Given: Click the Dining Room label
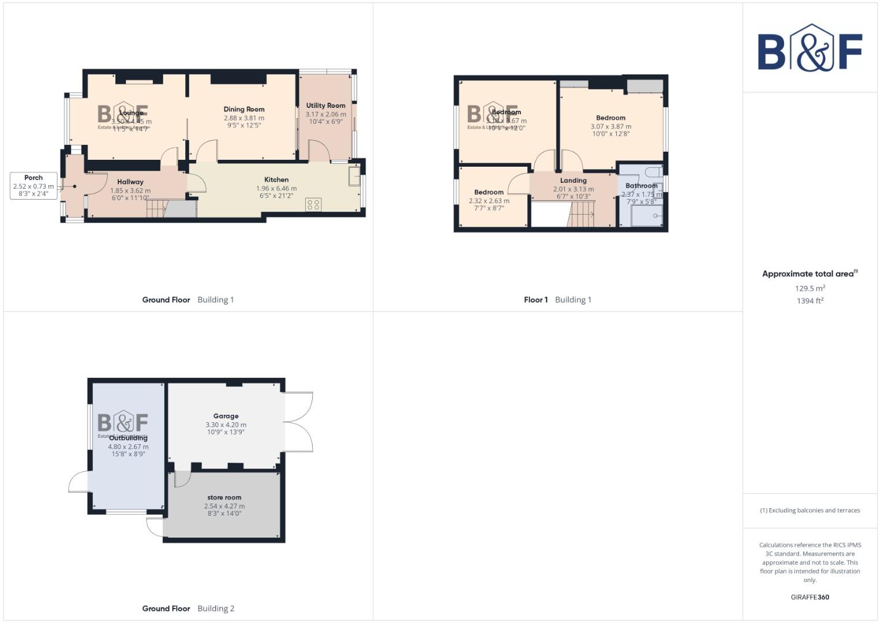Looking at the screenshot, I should [x=244, y=109].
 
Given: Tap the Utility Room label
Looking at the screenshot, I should [x=325, y=106].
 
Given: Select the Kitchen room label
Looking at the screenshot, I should [x=276, y=179].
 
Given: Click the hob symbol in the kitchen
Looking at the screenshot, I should [x=313, y=204].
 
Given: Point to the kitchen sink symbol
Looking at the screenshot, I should [x=354, y=176].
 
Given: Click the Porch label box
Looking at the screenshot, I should [x=33, y=186].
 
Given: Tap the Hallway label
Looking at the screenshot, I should [x=130, y=182].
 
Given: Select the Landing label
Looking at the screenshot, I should [x=573, y=181].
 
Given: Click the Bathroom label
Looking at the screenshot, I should [x=641, y=186].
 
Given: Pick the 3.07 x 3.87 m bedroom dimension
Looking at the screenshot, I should [x=610, y=126].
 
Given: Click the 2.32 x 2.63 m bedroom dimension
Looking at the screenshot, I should [x=489, y=201].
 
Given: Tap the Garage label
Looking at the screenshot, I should [x=226, y=416].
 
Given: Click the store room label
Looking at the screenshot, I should [x=224, y=497].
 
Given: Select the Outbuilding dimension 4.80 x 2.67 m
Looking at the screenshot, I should [x=128, y=446].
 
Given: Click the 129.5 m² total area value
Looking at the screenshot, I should [x=809, y=288].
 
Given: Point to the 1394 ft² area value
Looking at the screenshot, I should [x=809, y=301].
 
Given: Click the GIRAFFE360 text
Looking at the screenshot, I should [x=809, y=597].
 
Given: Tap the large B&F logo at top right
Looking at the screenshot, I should [x=809, y=48].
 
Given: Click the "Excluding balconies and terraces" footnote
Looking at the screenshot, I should [x=809, y=511].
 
